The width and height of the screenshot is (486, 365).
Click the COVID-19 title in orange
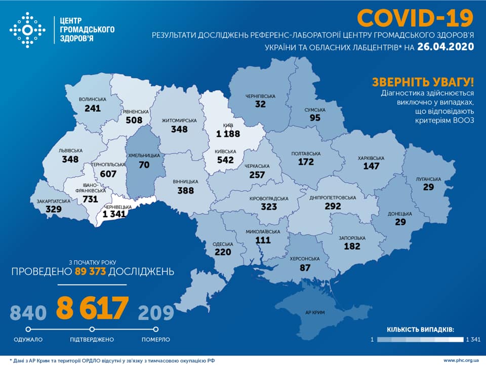[x=415, y=18]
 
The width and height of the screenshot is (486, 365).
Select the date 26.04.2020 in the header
[x=446, y=47]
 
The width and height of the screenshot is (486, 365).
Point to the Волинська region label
[x=93, y=99]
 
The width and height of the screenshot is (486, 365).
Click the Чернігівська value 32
[x=261, y=105]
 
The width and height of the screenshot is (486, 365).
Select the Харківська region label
[x=371, y=157]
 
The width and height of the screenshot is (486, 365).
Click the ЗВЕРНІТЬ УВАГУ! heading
[x=423, y=82]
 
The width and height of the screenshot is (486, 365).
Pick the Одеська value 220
[x=223, y=252]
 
